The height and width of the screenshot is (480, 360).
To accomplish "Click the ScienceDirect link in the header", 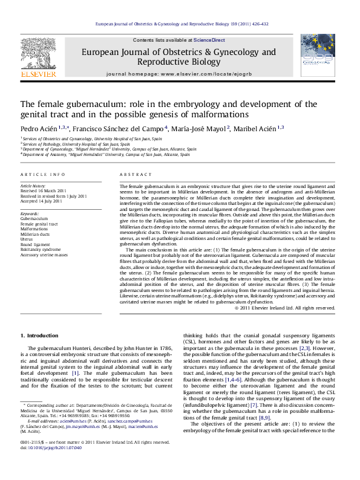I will coord(209,40).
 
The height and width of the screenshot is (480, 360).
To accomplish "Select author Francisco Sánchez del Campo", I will coord(119,129).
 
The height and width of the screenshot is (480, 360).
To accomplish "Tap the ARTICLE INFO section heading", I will coord(43,174).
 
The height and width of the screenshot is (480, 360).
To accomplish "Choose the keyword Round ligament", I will coord(36,244).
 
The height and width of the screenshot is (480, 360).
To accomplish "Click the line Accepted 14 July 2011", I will coord(42,201).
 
